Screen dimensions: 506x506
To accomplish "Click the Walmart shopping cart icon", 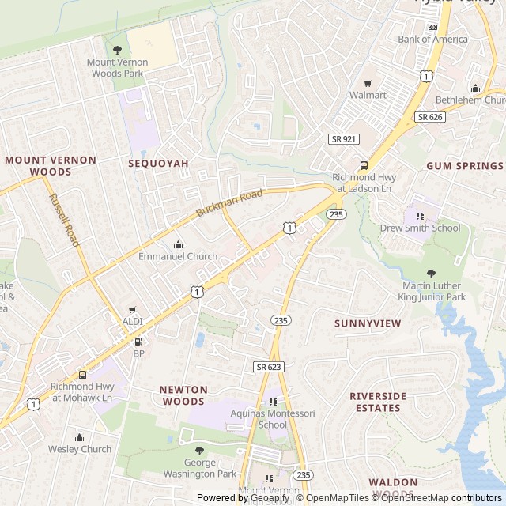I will click(368, 84).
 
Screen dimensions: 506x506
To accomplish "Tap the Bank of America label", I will click(432, 39).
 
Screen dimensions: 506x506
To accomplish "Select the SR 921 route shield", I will click(344, 138).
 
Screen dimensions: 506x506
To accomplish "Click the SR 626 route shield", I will click(430, 116).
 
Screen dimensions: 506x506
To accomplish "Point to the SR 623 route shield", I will click(269, 367).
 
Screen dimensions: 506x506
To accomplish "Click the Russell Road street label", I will click(64, 220).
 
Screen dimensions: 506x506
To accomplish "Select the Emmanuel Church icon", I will click(178, 244).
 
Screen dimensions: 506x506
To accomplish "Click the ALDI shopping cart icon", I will click(132, 309).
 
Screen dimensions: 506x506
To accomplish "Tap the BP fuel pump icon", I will click(139, 342).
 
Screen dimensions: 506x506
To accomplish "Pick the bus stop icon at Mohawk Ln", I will click(82, 375).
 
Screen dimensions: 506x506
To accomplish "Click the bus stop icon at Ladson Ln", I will click(364, 165).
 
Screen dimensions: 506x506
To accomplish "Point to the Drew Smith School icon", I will click(420, 215).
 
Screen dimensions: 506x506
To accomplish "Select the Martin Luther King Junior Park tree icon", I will click(431, 273).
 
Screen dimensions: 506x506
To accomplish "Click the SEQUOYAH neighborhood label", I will click(159, 163).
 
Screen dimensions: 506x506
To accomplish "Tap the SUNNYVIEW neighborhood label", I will click(368, 323).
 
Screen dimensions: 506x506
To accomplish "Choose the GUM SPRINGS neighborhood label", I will click(464, 166).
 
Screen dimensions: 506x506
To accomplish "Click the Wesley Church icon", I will click(79, 437).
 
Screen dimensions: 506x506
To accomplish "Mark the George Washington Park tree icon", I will click(199, 451).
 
